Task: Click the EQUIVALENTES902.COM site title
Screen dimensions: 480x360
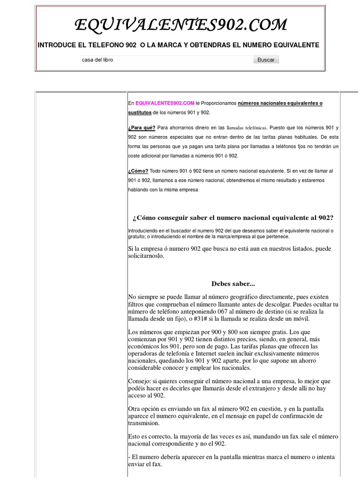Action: (181, 25)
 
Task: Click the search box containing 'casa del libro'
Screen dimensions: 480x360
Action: (166, 60)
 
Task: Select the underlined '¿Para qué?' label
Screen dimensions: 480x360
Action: (142, 127)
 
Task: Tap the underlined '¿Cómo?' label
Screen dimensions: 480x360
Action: (138, 171)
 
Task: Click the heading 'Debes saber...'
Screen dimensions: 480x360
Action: (233, 284)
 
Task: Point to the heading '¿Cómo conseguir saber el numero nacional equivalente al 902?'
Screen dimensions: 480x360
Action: (233, 217)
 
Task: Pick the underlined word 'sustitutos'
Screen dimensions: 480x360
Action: (140, 112)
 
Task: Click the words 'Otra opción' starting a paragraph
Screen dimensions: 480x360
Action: (143, 409)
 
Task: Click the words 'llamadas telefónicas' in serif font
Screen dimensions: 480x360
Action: (247, 127)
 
